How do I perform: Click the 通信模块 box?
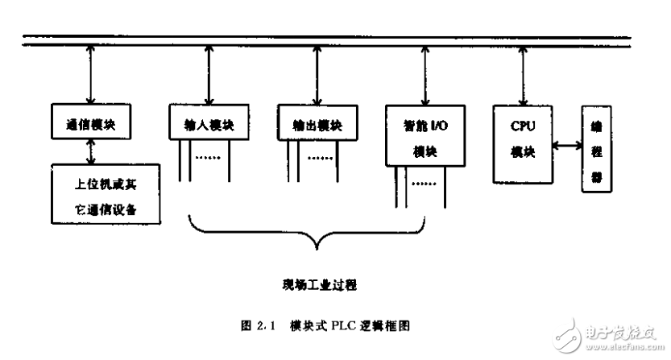[91, 126]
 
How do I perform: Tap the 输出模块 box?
[317, 126]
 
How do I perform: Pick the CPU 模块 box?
[522, 142]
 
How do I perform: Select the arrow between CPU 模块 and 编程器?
[567, 146]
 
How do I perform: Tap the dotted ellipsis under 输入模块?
[209, 158]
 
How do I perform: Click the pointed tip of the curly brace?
[321, 246]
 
